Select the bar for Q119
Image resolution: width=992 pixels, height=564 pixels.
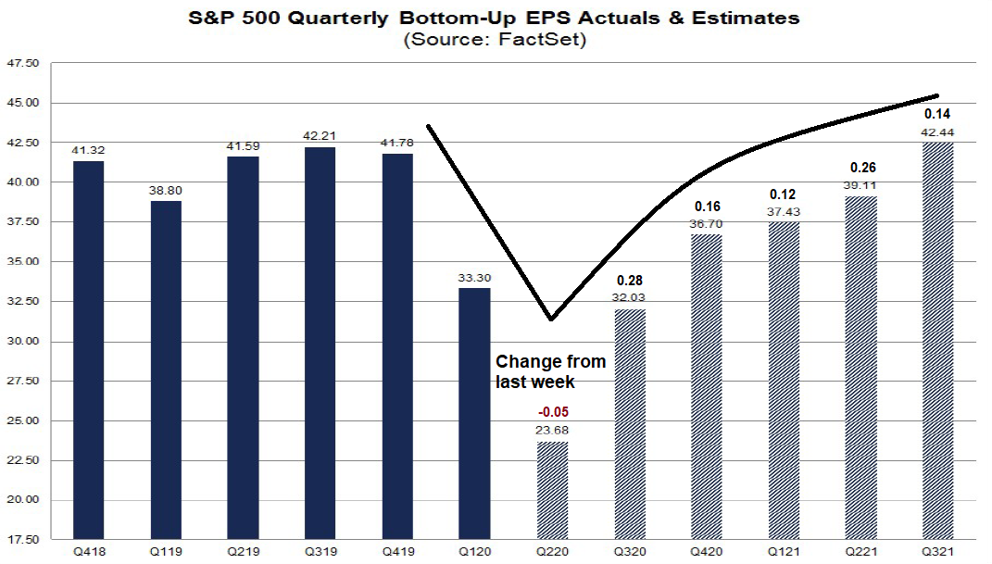click(x=166, y=370)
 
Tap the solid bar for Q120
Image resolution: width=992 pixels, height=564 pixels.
click(x=475, y=413)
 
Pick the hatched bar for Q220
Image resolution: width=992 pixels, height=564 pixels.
click(x=552, y=490)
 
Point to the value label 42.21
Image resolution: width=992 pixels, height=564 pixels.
click(x=320, y=135)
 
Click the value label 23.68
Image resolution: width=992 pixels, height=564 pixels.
click(x=552, y=429)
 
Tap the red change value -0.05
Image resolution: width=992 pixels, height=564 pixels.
click(x=552, y=411)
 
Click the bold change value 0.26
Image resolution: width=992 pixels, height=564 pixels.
click(x=861, y=169)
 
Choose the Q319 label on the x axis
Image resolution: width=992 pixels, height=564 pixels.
click(x=320, y=552)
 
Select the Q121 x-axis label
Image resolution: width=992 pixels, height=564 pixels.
click(x=784, y=552)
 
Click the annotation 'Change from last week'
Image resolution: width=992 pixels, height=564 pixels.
click(x=550, y=370)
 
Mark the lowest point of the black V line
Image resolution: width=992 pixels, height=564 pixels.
click(x=551, y=320)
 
